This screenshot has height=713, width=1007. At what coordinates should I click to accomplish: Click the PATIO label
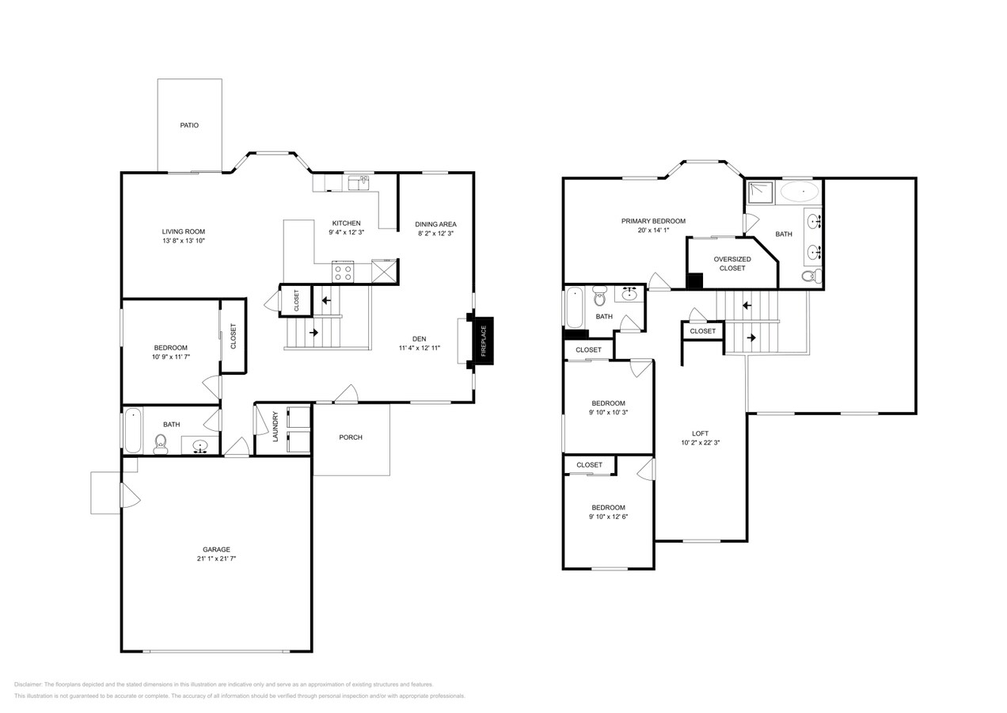189,125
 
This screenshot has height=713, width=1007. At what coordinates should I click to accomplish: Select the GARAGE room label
216,549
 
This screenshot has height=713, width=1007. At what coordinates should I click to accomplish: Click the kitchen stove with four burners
343,273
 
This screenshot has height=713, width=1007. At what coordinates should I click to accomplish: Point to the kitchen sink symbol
361,183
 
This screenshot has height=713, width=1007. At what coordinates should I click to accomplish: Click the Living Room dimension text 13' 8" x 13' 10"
184,241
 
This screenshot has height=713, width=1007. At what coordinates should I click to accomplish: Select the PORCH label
351,437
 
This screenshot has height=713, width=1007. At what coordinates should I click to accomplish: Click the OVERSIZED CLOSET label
732,264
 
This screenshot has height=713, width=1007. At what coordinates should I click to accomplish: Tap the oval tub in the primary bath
800,191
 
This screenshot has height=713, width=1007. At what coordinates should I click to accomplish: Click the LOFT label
701,433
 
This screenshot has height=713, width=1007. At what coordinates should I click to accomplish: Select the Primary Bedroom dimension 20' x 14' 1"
653,231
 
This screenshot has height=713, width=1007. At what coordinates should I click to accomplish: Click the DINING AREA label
437,224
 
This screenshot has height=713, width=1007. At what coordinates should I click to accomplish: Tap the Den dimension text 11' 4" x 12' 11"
420,348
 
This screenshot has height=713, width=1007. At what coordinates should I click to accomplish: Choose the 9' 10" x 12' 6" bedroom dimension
609,517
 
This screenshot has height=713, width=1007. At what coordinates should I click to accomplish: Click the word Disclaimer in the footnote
28,684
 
